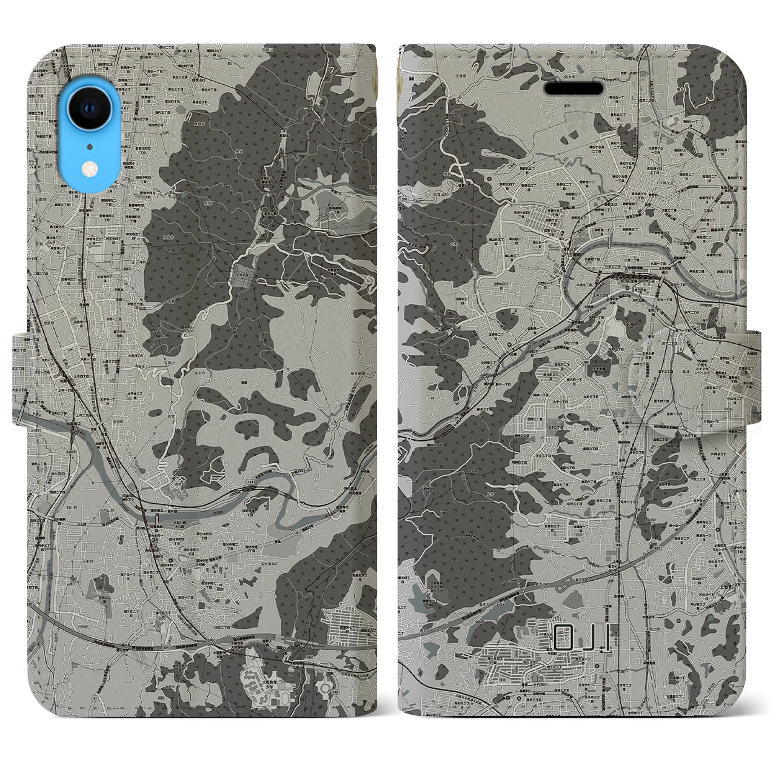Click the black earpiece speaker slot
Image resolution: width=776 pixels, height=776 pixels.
(573, 89)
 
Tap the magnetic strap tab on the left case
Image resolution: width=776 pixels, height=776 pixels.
(20, 373)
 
